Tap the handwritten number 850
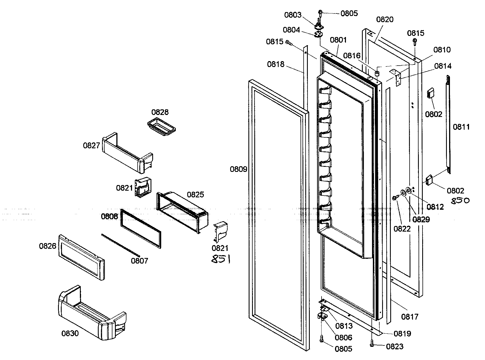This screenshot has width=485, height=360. click(x=460, y=201)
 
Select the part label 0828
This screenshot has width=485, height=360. click(x=160, y=112)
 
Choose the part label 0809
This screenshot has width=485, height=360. click(x=238, y=169)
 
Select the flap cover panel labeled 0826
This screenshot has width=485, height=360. click(x=81, y=257)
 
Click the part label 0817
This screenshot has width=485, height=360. click(x=410, y=317)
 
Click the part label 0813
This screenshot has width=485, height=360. click(x=344, y=326)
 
